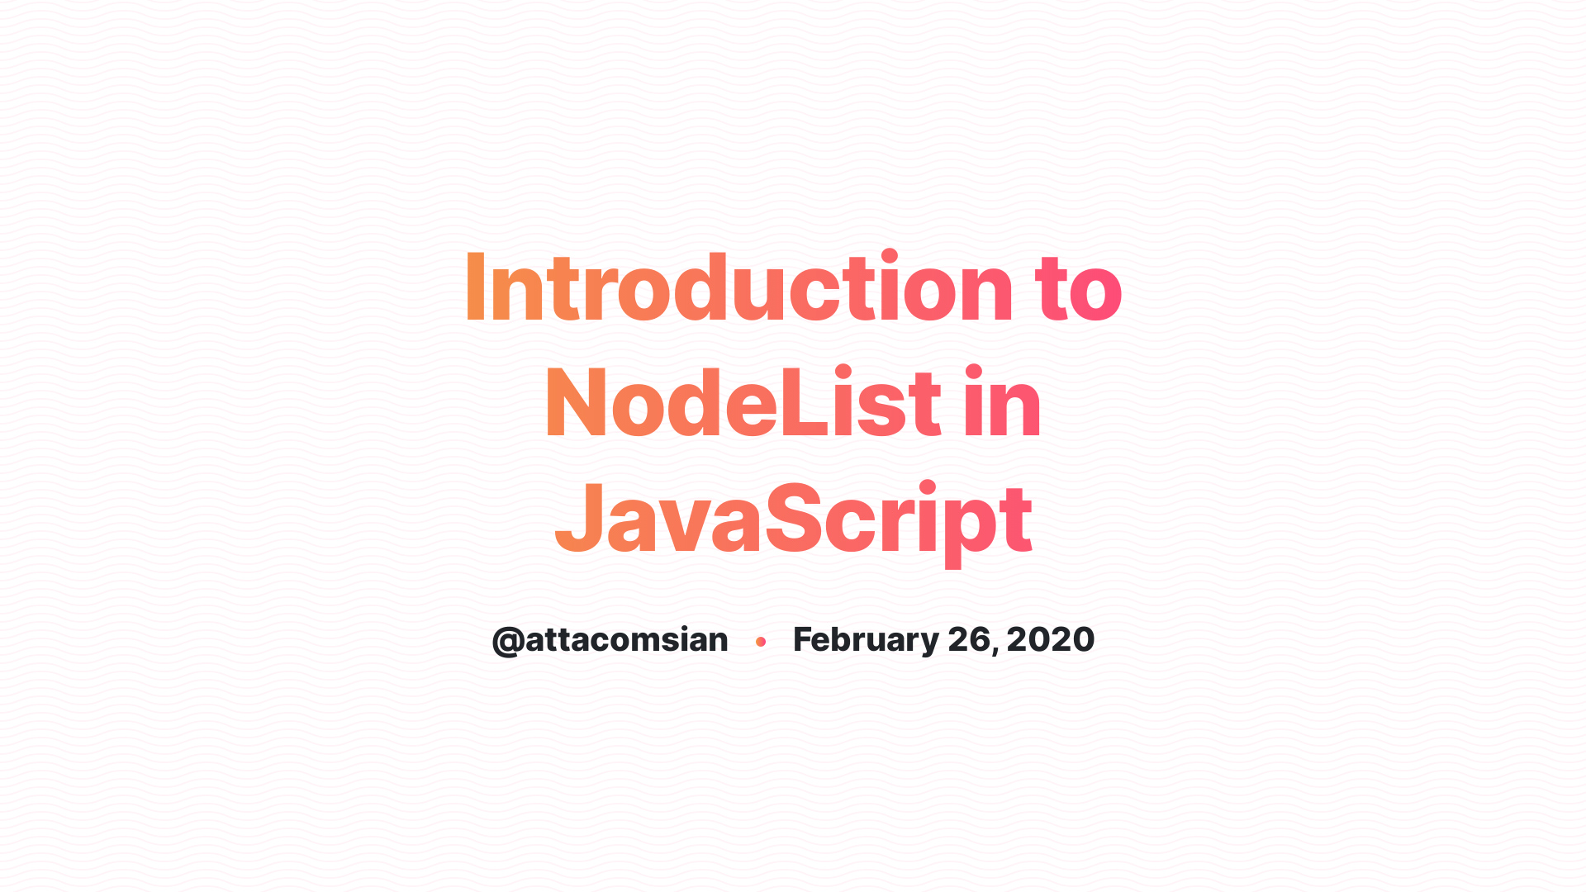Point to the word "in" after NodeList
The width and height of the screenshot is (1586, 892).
tap(1002, 403)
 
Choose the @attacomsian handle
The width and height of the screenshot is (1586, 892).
tap(610, 640)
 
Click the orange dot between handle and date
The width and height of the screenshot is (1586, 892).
tap(761, 642)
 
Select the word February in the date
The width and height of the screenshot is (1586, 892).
tap(866, 640)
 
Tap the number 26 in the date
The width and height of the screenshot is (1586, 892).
tap(968, 640)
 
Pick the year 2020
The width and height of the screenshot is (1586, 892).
tap(1051, 640)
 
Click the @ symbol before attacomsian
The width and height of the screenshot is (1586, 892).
tap(507, 641)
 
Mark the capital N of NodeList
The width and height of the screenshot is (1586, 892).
tap(575, 403)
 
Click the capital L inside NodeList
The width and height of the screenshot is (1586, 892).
tap(800, 403)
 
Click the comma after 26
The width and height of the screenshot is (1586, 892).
tap(995, 650)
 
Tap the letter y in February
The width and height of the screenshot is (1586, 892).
tap(929, 643)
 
